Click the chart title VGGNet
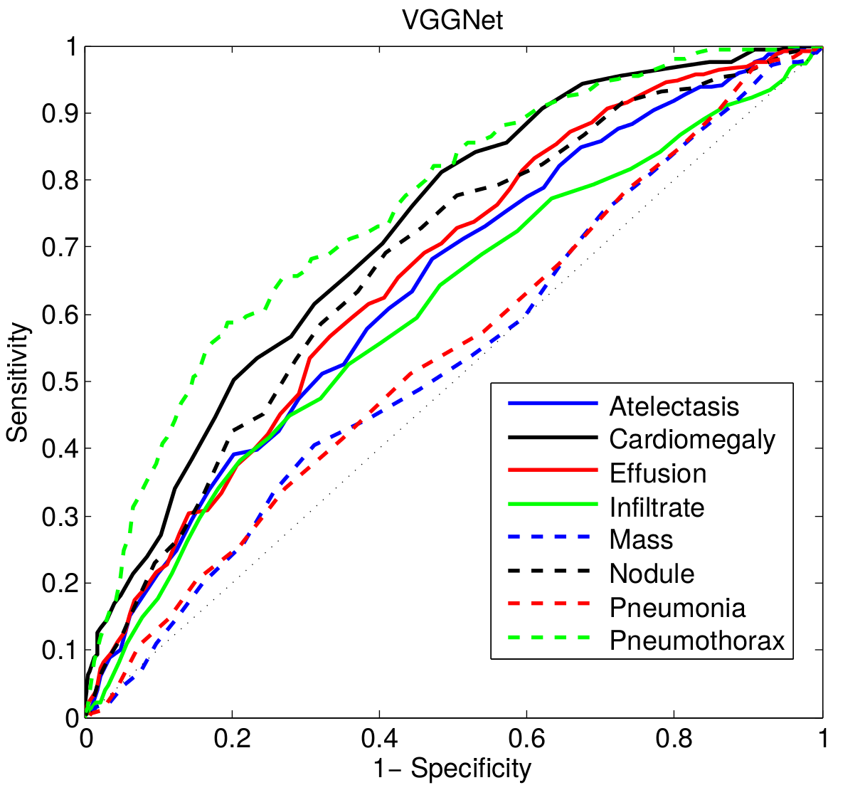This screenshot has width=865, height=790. tap(452, 20)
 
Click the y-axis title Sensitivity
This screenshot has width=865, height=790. tap(19, 382)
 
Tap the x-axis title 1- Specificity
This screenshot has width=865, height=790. tap(454, 769)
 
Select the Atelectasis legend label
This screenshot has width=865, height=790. tap(674, 406)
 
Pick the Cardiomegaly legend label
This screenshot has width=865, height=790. tap(692, 440)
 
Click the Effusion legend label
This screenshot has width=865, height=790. tap(658, 473)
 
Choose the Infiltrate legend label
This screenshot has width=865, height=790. tap(657, 507)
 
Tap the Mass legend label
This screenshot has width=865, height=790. tap(641, 540)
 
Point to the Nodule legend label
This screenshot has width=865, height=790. tap(652, 574)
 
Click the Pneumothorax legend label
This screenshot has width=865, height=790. tap(697, 641)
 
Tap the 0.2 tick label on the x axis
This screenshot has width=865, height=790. tap(233, 739)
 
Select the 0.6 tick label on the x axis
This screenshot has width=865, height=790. tap(527, 739)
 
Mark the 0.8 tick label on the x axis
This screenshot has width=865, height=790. tap(674, 739)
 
